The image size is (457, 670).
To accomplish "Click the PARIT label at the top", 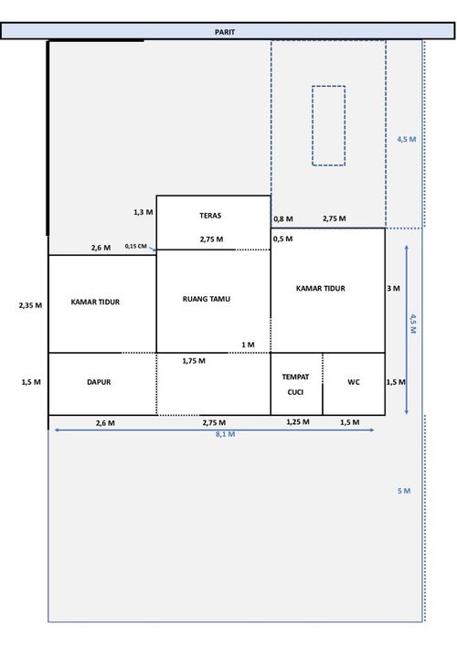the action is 225,32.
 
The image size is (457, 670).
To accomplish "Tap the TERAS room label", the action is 210,216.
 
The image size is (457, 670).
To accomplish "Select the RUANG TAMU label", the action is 207,299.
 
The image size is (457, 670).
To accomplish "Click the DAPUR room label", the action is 99,382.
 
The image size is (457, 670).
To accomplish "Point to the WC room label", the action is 353,382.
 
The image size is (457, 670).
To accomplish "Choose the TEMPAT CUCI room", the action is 296,384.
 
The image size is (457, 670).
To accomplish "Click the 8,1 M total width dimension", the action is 225,434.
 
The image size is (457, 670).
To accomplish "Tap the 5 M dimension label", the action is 404,491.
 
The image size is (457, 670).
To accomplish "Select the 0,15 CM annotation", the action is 136,246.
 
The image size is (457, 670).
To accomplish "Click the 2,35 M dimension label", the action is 30,305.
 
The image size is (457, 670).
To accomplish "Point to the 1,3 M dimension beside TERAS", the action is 143,212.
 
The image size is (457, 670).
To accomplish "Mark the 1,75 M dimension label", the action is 194,361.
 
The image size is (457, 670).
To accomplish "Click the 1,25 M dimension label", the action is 298,422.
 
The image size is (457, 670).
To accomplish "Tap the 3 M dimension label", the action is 393,289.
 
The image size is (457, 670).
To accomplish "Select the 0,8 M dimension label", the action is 283,219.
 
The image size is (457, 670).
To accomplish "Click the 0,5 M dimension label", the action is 282,239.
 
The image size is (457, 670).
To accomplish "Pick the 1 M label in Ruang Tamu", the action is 248,345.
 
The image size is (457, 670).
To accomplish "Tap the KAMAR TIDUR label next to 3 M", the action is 320,289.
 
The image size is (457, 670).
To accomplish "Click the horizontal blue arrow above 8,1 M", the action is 214,430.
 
